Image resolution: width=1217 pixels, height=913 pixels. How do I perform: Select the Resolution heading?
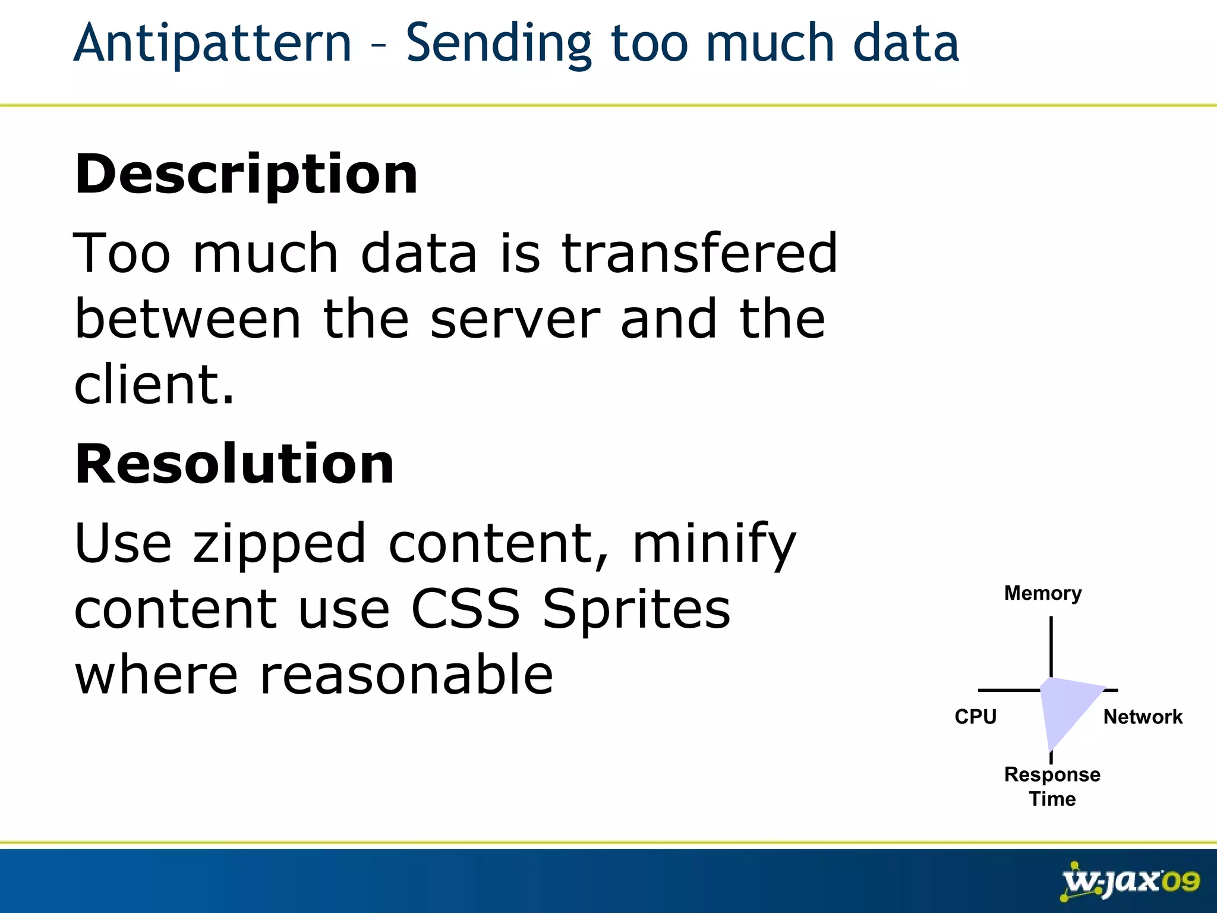(234, 464)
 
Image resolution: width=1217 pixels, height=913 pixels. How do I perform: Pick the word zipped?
(279, 543)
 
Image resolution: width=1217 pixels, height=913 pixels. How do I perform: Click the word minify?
(713, 543)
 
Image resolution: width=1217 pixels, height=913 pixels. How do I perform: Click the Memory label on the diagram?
(1043, 593)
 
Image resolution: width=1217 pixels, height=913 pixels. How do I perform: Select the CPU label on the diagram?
(975, 716)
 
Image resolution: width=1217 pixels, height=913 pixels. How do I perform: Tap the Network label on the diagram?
(1143, 717)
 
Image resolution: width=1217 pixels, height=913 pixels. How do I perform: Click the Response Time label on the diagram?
(1052, 786)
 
